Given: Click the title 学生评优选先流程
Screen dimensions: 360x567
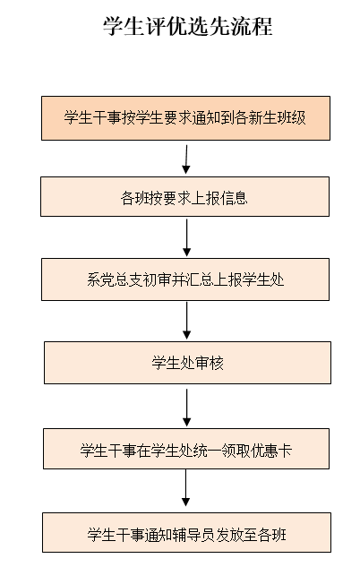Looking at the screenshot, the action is click(187, 26).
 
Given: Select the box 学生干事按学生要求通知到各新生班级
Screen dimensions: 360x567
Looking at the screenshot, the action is click(185, 118).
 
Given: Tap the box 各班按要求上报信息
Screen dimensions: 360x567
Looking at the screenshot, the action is click(185, 197).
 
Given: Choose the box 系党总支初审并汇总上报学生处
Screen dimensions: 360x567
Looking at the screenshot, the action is click(185, 279).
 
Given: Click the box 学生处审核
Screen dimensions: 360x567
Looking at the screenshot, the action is click(187, 363).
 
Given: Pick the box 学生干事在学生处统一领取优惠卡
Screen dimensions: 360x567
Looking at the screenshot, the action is click(186, 449).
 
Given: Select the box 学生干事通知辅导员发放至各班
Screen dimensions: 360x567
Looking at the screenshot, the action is click(186, 532).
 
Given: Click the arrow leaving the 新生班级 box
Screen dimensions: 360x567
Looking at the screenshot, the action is click(186, 159).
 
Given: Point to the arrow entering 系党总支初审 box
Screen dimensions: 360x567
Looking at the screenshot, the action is click(186, 237).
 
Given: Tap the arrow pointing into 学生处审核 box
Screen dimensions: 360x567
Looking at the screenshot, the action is click(186, 321).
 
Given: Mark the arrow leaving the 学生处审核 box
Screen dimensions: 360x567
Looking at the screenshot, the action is click(186, 408).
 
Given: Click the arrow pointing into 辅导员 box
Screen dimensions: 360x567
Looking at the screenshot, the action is click(185, 488).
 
